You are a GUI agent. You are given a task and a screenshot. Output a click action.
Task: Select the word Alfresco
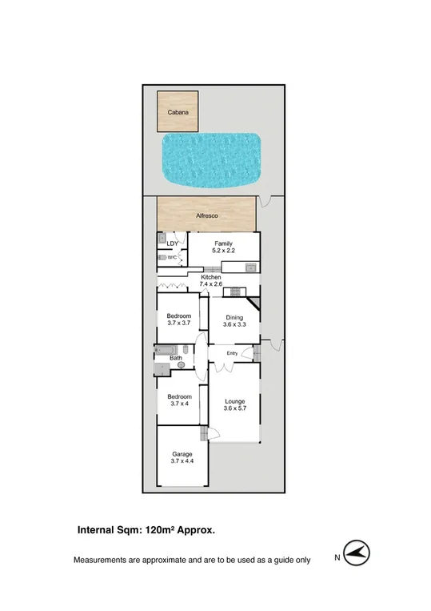click(x=207, y=216)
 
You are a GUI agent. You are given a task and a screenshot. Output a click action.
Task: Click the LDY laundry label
click(x=171, y=243)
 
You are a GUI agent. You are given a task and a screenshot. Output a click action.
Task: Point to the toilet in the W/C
click(x=162, y=258)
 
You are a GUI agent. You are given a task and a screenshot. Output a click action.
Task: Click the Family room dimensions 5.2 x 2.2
click(x=223, y=251)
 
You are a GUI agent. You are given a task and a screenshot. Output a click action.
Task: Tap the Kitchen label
click(x=210, y=277)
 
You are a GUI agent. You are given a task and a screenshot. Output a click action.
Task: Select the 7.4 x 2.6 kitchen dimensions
click(x=210, y=284)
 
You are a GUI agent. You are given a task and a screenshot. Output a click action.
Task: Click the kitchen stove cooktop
click(x=235, y=290)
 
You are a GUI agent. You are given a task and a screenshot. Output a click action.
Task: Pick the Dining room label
click(x=234, y=317)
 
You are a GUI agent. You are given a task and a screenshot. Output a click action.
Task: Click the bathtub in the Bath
click(x=168, y=350)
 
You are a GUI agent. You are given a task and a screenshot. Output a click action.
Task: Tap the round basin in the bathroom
click(x=181, y=365)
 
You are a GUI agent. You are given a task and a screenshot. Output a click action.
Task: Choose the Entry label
click(x=232, y=354)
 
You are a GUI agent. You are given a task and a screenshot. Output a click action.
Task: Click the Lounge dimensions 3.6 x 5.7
click(x=234, y=409)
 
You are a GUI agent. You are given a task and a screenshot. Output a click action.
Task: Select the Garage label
click(x=182, y=454)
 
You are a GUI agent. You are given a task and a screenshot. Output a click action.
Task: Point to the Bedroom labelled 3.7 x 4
click(x=179, y=400)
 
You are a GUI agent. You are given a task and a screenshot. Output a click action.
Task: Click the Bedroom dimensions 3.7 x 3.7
click(x=179, y=324)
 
